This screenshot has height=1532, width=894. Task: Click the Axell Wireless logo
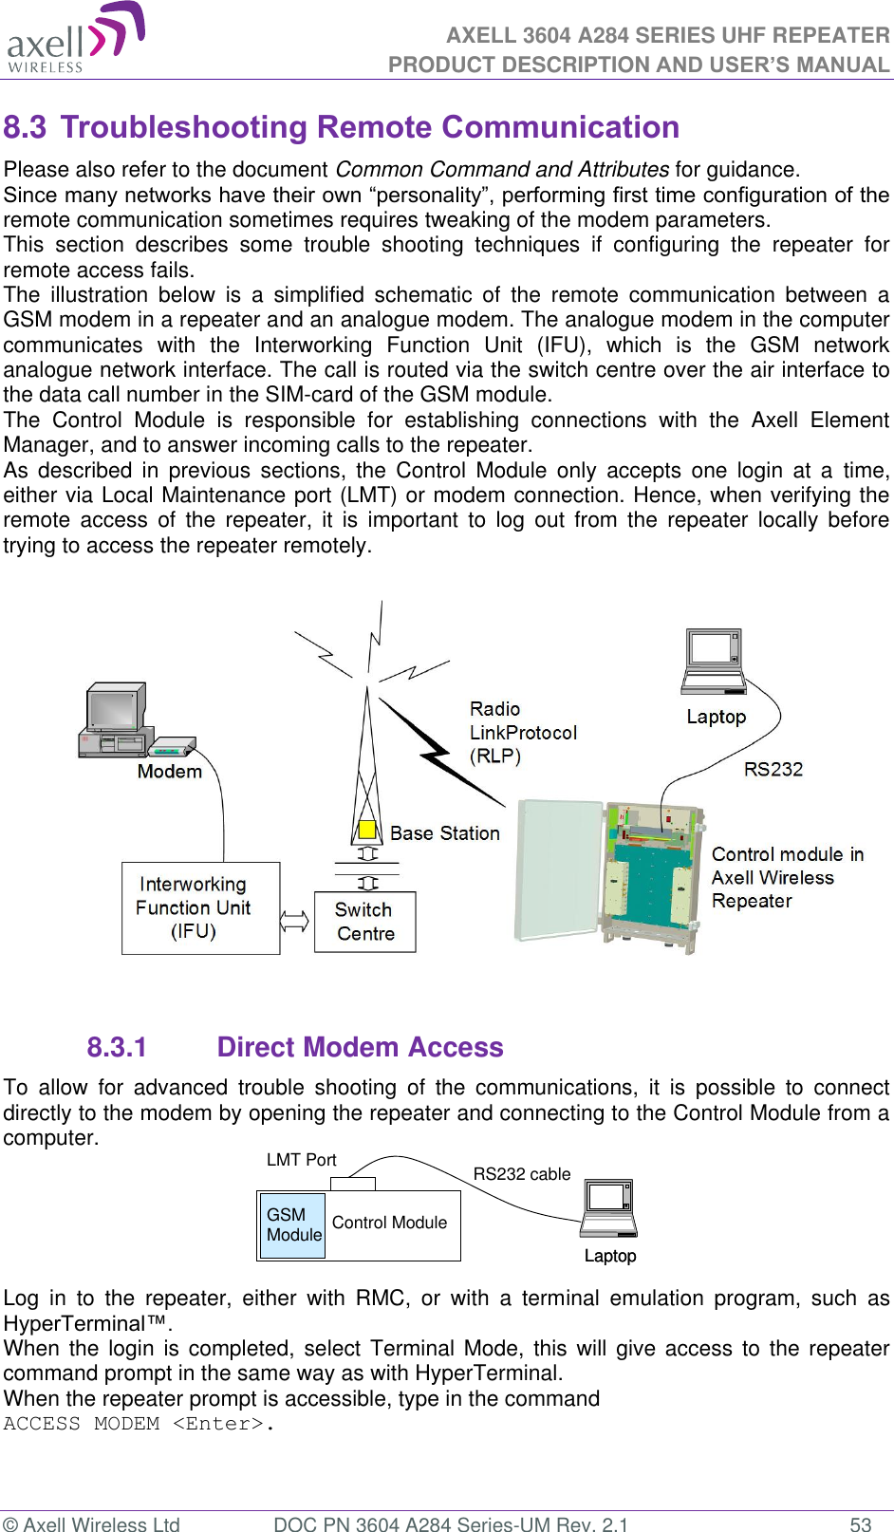click(75, 38)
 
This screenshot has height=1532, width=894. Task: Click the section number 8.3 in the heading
click(26, 127)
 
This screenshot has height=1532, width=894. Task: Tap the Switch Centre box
click(365, 922)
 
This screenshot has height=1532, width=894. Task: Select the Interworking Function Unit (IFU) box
click(200, 908)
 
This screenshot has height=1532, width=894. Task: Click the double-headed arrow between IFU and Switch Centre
click(295, 921)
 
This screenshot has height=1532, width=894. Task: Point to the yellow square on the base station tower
click(366, 830)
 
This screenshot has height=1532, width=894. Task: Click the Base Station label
click(444, 833)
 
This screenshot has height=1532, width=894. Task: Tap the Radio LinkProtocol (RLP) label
click(522, 733)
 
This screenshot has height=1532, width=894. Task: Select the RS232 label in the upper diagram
click(773, 770)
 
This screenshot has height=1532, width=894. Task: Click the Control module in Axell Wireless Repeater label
click(787, 878)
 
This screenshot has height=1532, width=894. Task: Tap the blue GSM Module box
click(293, 1225)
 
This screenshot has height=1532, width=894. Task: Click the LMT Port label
click(301, 1160)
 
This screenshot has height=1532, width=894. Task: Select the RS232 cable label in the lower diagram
click(521, 1174)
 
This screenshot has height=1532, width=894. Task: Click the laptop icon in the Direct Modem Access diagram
click(609, 1208)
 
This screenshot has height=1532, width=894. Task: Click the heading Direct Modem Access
click(360, 1047)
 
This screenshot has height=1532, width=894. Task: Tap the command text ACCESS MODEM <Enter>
click(139, 1424)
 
